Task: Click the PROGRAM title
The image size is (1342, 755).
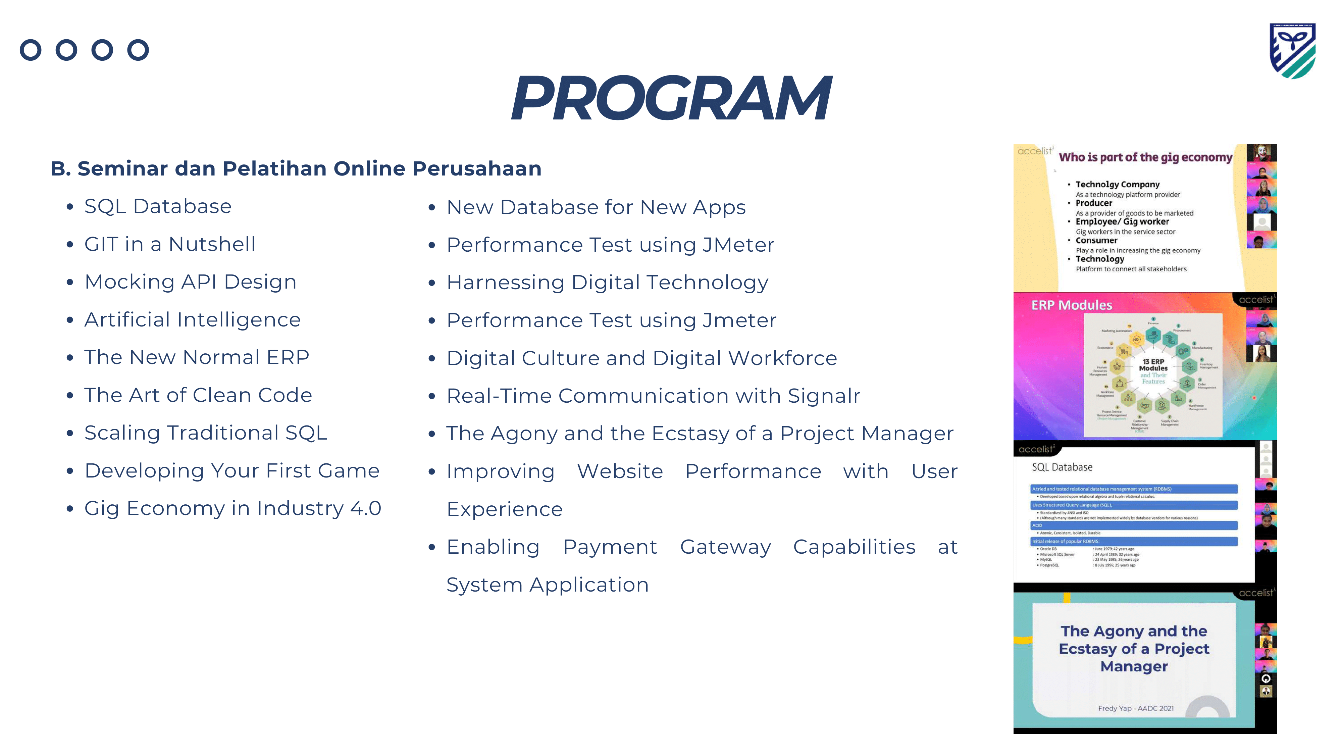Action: [671, 98]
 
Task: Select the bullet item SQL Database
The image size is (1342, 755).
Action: [158, 206]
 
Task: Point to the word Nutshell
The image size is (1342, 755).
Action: [212, 244]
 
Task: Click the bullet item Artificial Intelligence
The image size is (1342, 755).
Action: [192, 319]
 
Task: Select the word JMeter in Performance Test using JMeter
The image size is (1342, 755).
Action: [738, 245]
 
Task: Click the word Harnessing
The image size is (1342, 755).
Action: [505, 283]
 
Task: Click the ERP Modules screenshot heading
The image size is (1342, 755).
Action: [1071, 305]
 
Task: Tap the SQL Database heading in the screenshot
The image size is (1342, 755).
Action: [1062, 467]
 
